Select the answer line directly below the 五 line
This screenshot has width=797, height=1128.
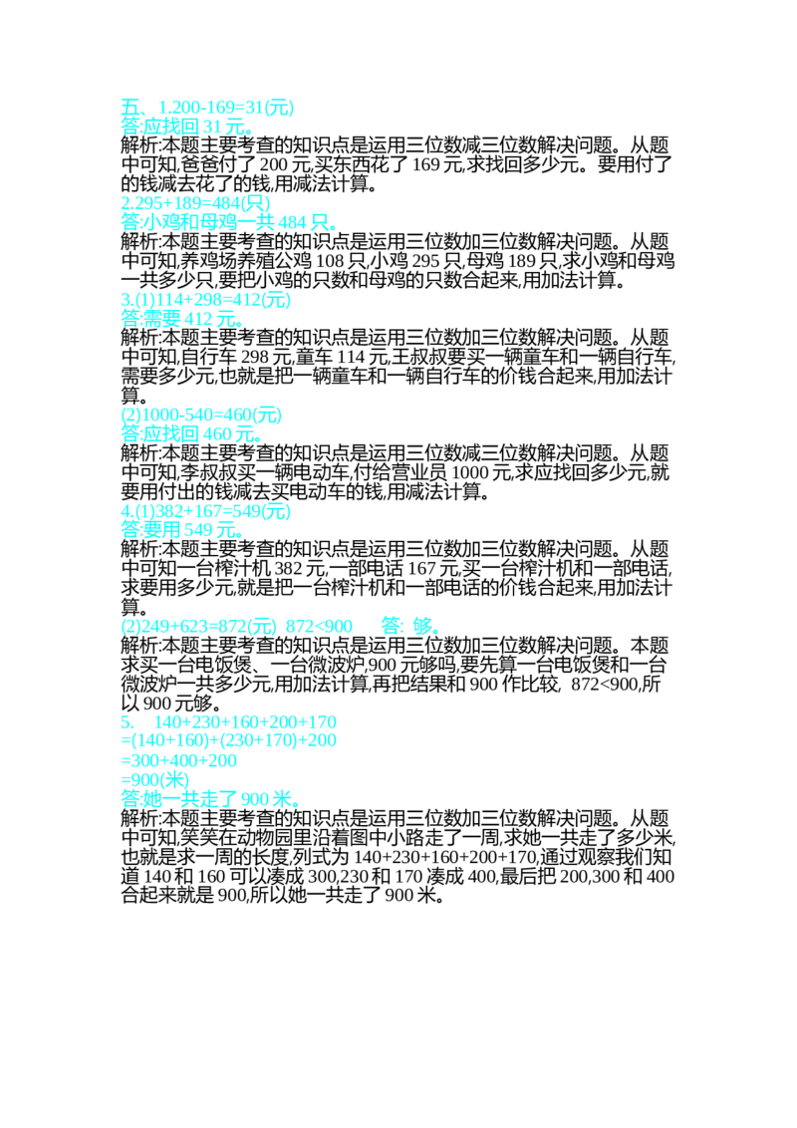(x=185, y=128)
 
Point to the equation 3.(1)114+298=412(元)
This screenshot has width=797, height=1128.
(x=205, y=298)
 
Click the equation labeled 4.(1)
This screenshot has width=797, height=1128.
(x=205, y=511)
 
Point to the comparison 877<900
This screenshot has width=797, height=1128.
(x=319, y=627)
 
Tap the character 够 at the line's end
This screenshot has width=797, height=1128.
(x=426, y=627)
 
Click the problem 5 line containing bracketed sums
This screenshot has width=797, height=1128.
(x=229, y=741)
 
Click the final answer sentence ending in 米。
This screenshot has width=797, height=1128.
(x=209, y=798)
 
